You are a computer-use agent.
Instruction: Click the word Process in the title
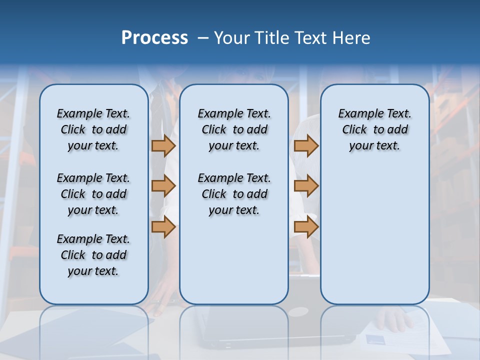pyautogui.click(x=154, y=37)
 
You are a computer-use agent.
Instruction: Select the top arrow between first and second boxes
pyautogui.click(x=163, y=145)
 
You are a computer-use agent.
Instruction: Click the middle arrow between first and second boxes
pyautogui.click(x=163, y=186)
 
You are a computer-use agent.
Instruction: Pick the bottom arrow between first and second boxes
pyautogui.click(x=163, y=227)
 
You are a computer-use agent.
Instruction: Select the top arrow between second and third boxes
pyautogui.click(x=306, y=145)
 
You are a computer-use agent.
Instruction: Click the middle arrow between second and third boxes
pyautogui.click(x=306, y=186)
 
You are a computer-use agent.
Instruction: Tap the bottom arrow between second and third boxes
pyautogui.click(x=306, y=227)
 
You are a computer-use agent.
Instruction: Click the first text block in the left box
pyautogui.click(x=93, y=129)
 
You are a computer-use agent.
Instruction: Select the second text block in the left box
pyautogui.click(x=93, y=194)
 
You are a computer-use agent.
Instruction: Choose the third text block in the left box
pyautogui.click(x=93, y=255)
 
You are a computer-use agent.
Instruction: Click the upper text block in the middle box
pyautogui.click(x=234, y=129)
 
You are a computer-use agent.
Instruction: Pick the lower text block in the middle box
pyautogui.click(x=234, y=194)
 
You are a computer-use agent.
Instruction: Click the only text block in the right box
pyautogui.click(x=374, y=129)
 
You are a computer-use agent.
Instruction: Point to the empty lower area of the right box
pyautogui.click(x=374, y=235)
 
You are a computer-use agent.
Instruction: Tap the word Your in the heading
pyautogui.click(x=232, y=38)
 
